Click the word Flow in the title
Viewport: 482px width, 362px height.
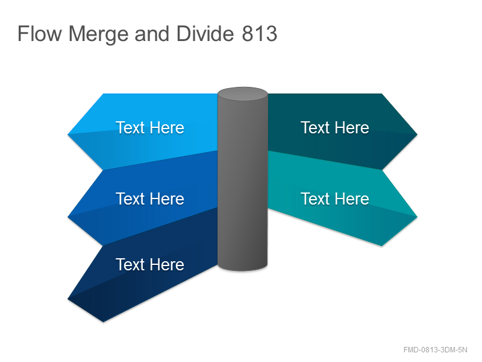pos(40,34)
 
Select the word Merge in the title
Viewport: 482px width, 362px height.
pos(98,34)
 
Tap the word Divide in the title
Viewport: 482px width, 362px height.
pos(205,33)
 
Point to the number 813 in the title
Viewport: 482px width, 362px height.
pos(260,34)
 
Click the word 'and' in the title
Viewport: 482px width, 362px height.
pos(152,33)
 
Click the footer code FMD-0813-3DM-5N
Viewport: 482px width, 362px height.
pos(435,350)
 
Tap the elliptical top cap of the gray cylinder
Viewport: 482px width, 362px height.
pos(243,94)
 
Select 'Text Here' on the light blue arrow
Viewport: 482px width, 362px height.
pos(149,127)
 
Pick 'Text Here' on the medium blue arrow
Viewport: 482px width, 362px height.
pos(149,198)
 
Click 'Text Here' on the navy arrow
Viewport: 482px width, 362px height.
pos(149,264)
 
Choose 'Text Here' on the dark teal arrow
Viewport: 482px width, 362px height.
pos(335,127)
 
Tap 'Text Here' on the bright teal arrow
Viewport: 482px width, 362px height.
pos(335,198)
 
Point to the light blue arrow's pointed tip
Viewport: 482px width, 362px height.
pos(68,135)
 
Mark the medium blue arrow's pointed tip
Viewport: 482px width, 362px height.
pos(68,217)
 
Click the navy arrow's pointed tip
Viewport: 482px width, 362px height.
pos(68,299)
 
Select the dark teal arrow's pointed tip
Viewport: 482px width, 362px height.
pos(417,135)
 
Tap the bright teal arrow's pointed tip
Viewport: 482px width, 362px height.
pos(417,217)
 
